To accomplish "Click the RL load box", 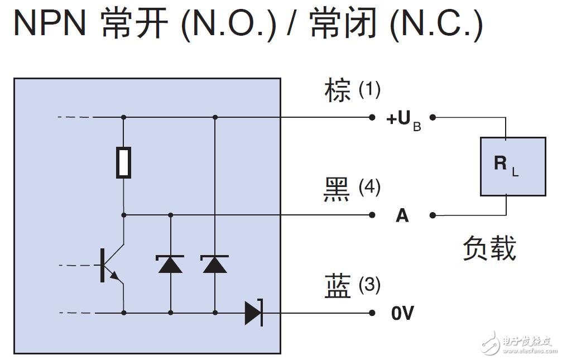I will coord(513,166).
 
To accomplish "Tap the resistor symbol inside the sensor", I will coord(123,162).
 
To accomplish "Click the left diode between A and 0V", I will coord(170,263).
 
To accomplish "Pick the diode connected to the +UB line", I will coord(215,263).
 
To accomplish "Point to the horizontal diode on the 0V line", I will coord(253,313).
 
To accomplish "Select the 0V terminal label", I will coord(402,314).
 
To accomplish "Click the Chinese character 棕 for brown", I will coord(338,91).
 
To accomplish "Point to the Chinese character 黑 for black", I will coord(338,189).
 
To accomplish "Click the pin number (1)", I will coord(369,89).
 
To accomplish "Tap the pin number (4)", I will coord(369,187).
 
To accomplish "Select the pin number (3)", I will coord(369,285).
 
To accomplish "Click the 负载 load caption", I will coord(489,248).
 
